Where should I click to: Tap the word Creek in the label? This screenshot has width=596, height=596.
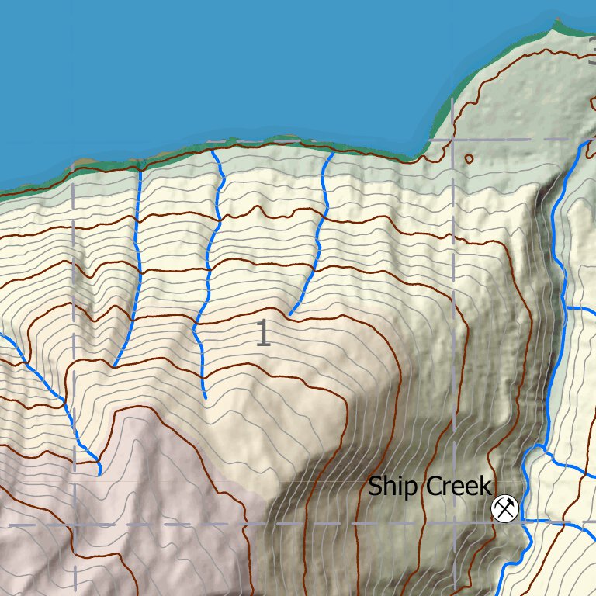point(457,487)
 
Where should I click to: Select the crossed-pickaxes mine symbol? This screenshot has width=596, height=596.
point(505,509)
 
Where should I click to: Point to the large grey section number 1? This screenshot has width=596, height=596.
point(263,333)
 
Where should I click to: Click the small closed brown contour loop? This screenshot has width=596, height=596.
point(469,159)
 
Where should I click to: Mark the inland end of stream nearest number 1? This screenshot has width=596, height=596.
point(290,314)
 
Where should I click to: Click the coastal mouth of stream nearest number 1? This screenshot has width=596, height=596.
point(332,152)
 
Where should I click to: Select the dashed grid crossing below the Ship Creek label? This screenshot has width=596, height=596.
point(454,524)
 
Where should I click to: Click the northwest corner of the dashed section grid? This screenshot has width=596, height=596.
point(74,165)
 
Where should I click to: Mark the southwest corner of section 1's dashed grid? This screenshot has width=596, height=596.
point(74,525)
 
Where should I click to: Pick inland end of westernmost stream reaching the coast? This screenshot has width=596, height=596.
point(114,366)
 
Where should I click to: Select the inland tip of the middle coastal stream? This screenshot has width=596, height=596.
point(206,399)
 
